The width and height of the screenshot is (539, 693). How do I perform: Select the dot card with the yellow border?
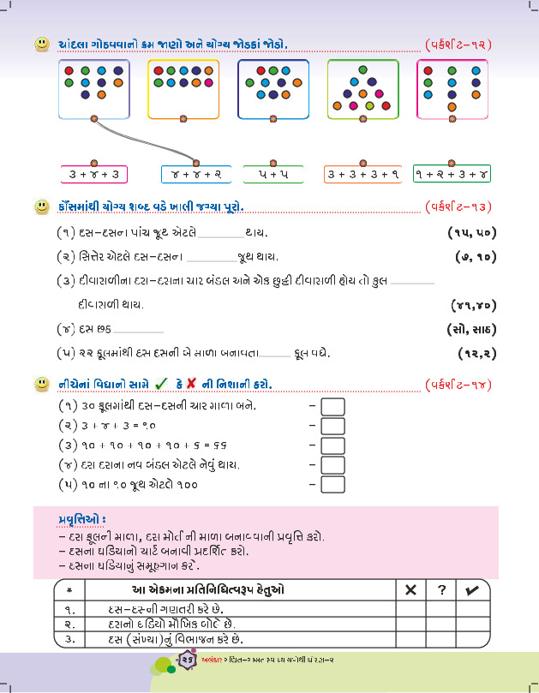pos(183,88)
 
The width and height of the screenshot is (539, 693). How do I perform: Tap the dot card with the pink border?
pos(452,88)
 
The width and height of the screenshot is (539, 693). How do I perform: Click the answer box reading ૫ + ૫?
pos(273,175)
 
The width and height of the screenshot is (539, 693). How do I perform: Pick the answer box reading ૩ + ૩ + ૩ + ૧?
pos(363,175)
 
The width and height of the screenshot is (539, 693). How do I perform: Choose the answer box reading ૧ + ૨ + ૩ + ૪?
pos(452,175)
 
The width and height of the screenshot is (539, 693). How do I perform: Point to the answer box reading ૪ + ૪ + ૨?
pos(196,175)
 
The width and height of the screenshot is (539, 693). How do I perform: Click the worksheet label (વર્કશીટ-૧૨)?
pos(458,43)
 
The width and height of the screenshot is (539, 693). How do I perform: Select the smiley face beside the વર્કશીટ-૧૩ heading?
pos(40,206)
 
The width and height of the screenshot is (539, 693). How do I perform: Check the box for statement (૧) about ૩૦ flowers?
pos(332,406)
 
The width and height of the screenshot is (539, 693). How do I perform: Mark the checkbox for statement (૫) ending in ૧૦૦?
pos(332,485)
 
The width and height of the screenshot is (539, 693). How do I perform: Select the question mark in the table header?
pos(441,590)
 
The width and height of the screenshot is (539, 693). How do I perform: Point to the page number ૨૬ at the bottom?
pos(188,658)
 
